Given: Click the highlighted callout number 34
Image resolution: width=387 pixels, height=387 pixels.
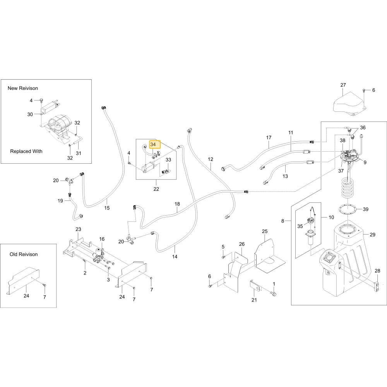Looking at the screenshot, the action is click(153, 144).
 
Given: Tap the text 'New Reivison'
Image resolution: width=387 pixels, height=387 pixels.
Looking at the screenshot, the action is click(23, 88).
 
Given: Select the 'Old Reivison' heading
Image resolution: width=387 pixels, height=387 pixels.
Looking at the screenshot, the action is click(24, 254).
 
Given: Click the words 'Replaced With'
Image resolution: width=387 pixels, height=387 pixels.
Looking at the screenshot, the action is click(26, 151).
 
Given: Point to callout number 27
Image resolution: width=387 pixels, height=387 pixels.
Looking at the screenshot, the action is click(343, 85).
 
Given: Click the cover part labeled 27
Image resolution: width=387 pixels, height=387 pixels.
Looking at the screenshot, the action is click(349, 103).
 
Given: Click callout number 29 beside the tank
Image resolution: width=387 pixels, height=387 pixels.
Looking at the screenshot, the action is click(372, 235).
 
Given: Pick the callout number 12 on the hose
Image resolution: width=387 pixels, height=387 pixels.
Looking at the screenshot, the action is click(210, 159).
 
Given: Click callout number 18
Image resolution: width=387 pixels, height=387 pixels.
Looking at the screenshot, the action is click(177, 204).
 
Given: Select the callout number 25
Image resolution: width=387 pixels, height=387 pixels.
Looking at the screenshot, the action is click(265, 231).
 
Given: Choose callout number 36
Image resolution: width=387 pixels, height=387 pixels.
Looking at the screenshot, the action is click(363, 128).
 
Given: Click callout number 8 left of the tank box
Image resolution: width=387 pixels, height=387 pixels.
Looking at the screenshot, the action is click(283, 221).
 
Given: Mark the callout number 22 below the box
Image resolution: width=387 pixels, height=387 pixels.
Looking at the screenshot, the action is click(156, 189).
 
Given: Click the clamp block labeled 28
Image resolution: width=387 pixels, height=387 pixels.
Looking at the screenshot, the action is click(377, 286).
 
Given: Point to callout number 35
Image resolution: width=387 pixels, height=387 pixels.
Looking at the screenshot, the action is click(300, 226).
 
